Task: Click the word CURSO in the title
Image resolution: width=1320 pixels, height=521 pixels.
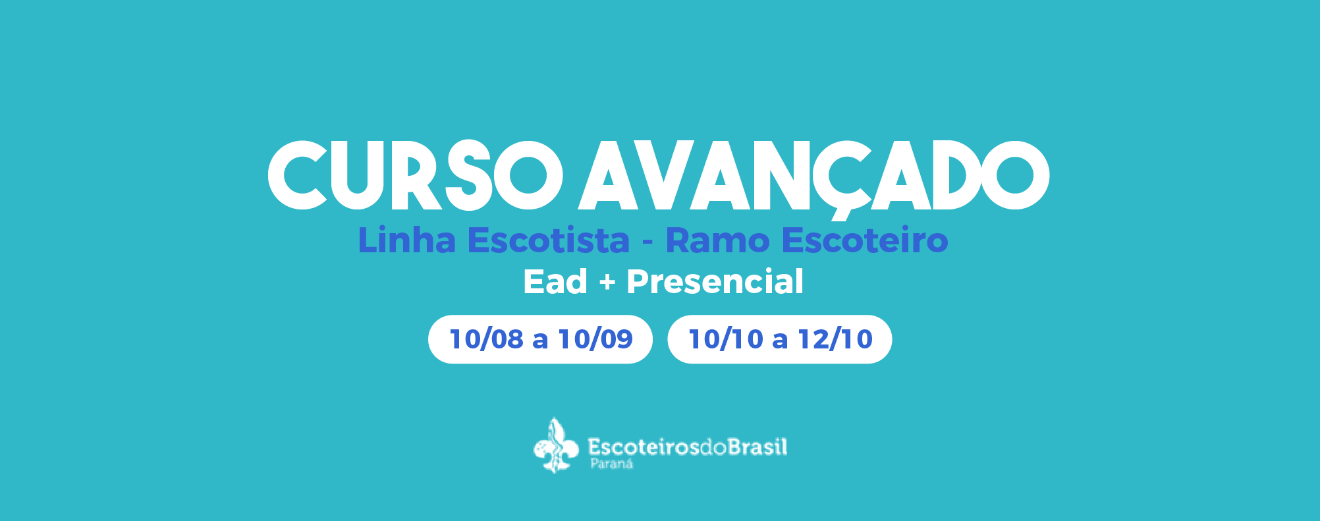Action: tap(415, 175)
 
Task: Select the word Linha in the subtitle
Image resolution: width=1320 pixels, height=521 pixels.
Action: tap(406, 240)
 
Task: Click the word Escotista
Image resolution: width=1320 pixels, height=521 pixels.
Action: tap(548, 240)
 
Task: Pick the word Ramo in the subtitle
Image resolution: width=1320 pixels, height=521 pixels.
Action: tap(717, 240)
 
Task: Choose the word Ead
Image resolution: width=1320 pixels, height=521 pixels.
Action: tap(555, 281)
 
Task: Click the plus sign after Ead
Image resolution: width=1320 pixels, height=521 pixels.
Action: tap(607, 283)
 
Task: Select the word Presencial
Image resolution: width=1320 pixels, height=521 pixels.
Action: tap(715, 281)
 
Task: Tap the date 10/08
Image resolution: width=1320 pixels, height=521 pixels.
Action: tap(486, 339)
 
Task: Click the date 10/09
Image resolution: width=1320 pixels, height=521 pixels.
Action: tap(595, 339)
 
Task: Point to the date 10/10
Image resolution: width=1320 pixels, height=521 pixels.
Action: tap(726, 339)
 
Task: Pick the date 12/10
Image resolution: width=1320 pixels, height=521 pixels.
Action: tap(835, 339)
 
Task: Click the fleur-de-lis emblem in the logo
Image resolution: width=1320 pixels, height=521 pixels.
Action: tap(556, 446)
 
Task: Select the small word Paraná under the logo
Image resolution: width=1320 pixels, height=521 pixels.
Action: tap(612, 464)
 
